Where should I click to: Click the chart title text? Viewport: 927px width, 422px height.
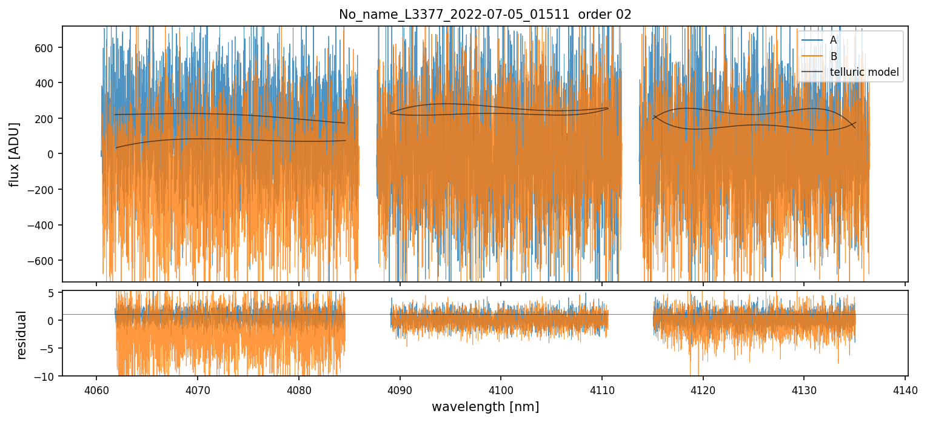click(x=485, y=15)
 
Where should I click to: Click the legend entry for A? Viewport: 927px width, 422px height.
click(x=833, y=40)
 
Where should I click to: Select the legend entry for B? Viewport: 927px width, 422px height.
click(x=833, y=56)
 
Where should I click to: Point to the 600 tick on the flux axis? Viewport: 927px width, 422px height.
click(x=49, y=47)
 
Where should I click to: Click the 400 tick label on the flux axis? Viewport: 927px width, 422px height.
click(x=49, y=82)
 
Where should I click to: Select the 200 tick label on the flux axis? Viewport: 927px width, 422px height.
click(x=49, y=118)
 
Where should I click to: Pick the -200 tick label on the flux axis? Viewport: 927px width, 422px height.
click(x=45, y=190)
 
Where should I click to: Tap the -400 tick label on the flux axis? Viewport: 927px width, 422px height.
click(x=45, y=225)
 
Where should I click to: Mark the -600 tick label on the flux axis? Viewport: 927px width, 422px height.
click(x=45, y=261)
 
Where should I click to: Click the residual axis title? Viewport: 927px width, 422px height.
click(x=22, y=335)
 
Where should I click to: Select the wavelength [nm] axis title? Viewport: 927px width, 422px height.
click(x=485, y=407)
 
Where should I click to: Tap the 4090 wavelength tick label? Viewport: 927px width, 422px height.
click(x=400, y=390)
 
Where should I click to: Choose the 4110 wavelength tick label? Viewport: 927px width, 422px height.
click(x=601, y=390)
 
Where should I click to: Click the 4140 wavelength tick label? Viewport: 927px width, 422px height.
click(x=905, y=390)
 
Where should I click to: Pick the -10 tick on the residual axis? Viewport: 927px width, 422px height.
click(x=48, y=376)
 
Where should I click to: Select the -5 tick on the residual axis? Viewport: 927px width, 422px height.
click(x=50, y=348)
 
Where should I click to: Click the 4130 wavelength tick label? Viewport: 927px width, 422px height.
click(x=804, y=390)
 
